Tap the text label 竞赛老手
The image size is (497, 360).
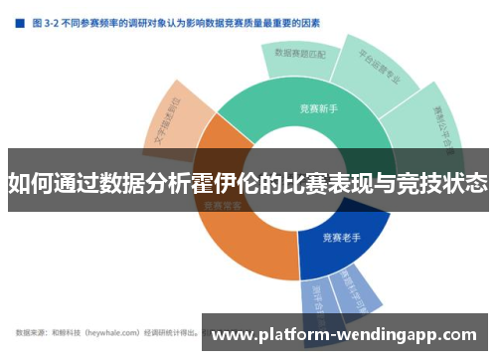[341, 239]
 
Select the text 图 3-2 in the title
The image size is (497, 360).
[45, 20]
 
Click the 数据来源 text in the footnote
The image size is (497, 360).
[31, 332]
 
